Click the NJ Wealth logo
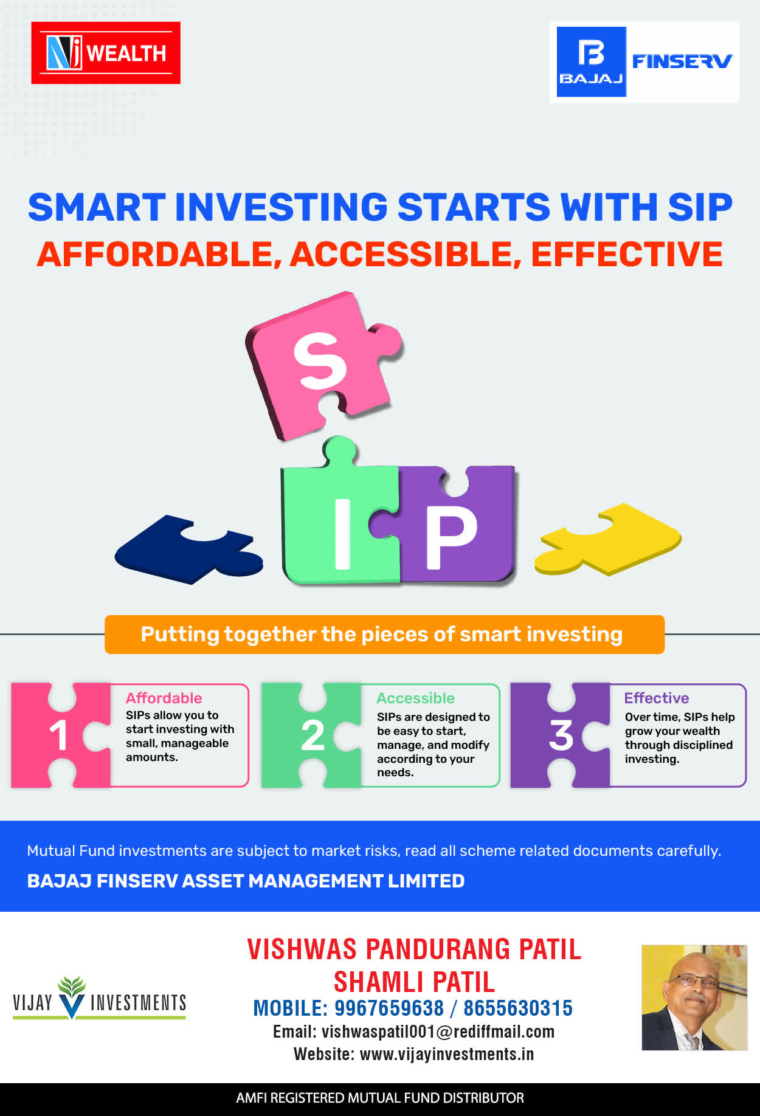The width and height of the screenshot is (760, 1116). (x=106, y=53)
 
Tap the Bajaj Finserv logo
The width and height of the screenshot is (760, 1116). (x=644, y=62)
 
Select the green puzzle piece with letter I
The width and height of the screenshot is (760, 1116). (x=340, y=517)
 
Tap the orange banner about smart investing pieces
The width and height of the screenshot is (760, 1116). (x=384, y=635)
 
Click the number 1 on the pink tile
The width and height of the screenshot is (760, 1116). (x=58, y=735)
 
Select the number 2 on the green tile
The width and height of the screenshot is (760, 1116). (x=313, y=735)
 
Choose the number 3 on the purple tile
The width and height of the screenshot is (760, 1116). (x=561, y=735)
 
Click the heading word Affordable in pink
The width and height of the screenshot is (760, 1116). (x=164, y=698)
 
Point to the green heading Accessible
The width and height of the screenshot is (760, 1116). (x=415, y=698)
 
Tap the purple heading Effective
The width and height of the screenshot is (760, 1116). (x=657, y=698)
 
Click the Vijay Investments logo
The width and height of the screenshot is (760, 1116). (x=99, y=998)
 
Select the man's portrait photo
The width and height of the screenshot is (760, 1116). (x=694, y=997)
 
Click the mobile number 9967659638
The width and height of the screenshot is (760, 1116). (x=389, y=1008)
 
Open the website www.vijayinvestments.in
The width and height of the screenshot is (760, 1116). (x=447, y=1054)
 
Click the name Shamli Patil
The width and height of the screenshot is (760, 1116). (x=414, y=982)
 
